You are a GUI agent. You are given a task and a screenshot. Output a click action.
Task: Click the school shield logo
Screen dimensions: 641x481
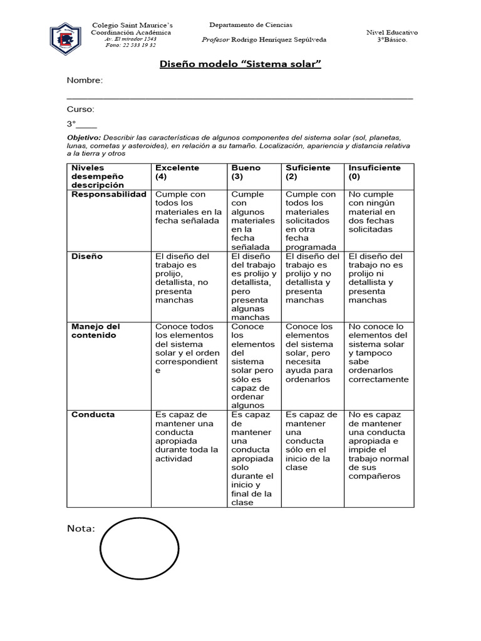(x=65, y=39)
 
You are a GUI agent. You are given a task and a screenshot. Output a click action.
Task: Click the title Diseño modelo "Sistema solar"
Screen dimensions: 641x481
(x=240, y=65)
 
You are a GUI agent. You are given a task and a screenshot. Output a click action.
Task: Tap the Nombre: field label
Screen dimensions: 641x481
(x=85, y=81)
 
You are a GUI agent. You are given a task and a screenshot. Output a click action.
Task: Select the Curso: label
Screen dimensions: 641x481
(x=81, y=109)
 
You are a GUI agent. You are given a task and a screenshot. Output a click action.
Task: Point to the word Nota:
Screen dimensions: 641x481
(x=81, y=529)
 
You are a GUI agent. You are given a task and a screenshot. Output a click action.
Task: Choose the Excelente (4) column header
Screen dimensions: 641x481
(x=177, y=172)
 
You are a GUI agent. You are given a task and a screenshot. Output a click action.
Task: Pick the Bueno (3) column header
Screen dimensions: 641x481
(x=246, y=172)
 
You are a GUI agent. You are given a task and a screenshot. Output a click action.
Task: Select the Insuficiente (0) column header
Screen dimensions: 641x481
(x=375, y=172)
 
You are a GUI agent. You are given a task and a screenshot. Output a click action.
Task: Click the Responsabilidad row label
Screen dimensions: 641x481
(x=108, y=195)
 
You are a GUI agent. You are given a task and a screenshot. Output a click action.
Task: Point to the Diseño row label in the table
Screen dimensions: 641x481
(x=87, y=257)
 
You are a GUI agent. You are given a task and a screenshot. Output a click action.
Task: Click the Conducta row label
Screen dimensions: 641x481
(x=93, y=414)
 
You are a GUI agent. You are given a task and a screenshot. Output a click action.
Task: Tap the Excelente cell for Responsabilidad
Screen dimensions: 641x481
(x=189, y=208)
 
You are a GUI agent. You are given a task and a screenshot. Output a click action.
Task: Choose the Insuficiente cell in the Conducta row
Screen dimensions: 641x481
(x=379, y=445)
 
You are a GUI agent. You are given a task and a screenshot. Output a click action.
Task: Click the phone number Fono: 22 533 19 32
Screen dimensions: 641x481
(x=131, y=45)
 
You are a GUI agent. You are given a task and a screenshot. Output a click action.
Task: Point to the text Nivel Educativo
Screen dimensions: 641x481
(x=392, y=32)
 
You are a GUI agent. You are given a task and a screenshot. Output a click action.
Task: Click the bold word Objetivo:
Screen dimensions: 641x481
(x=84, y=136)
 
